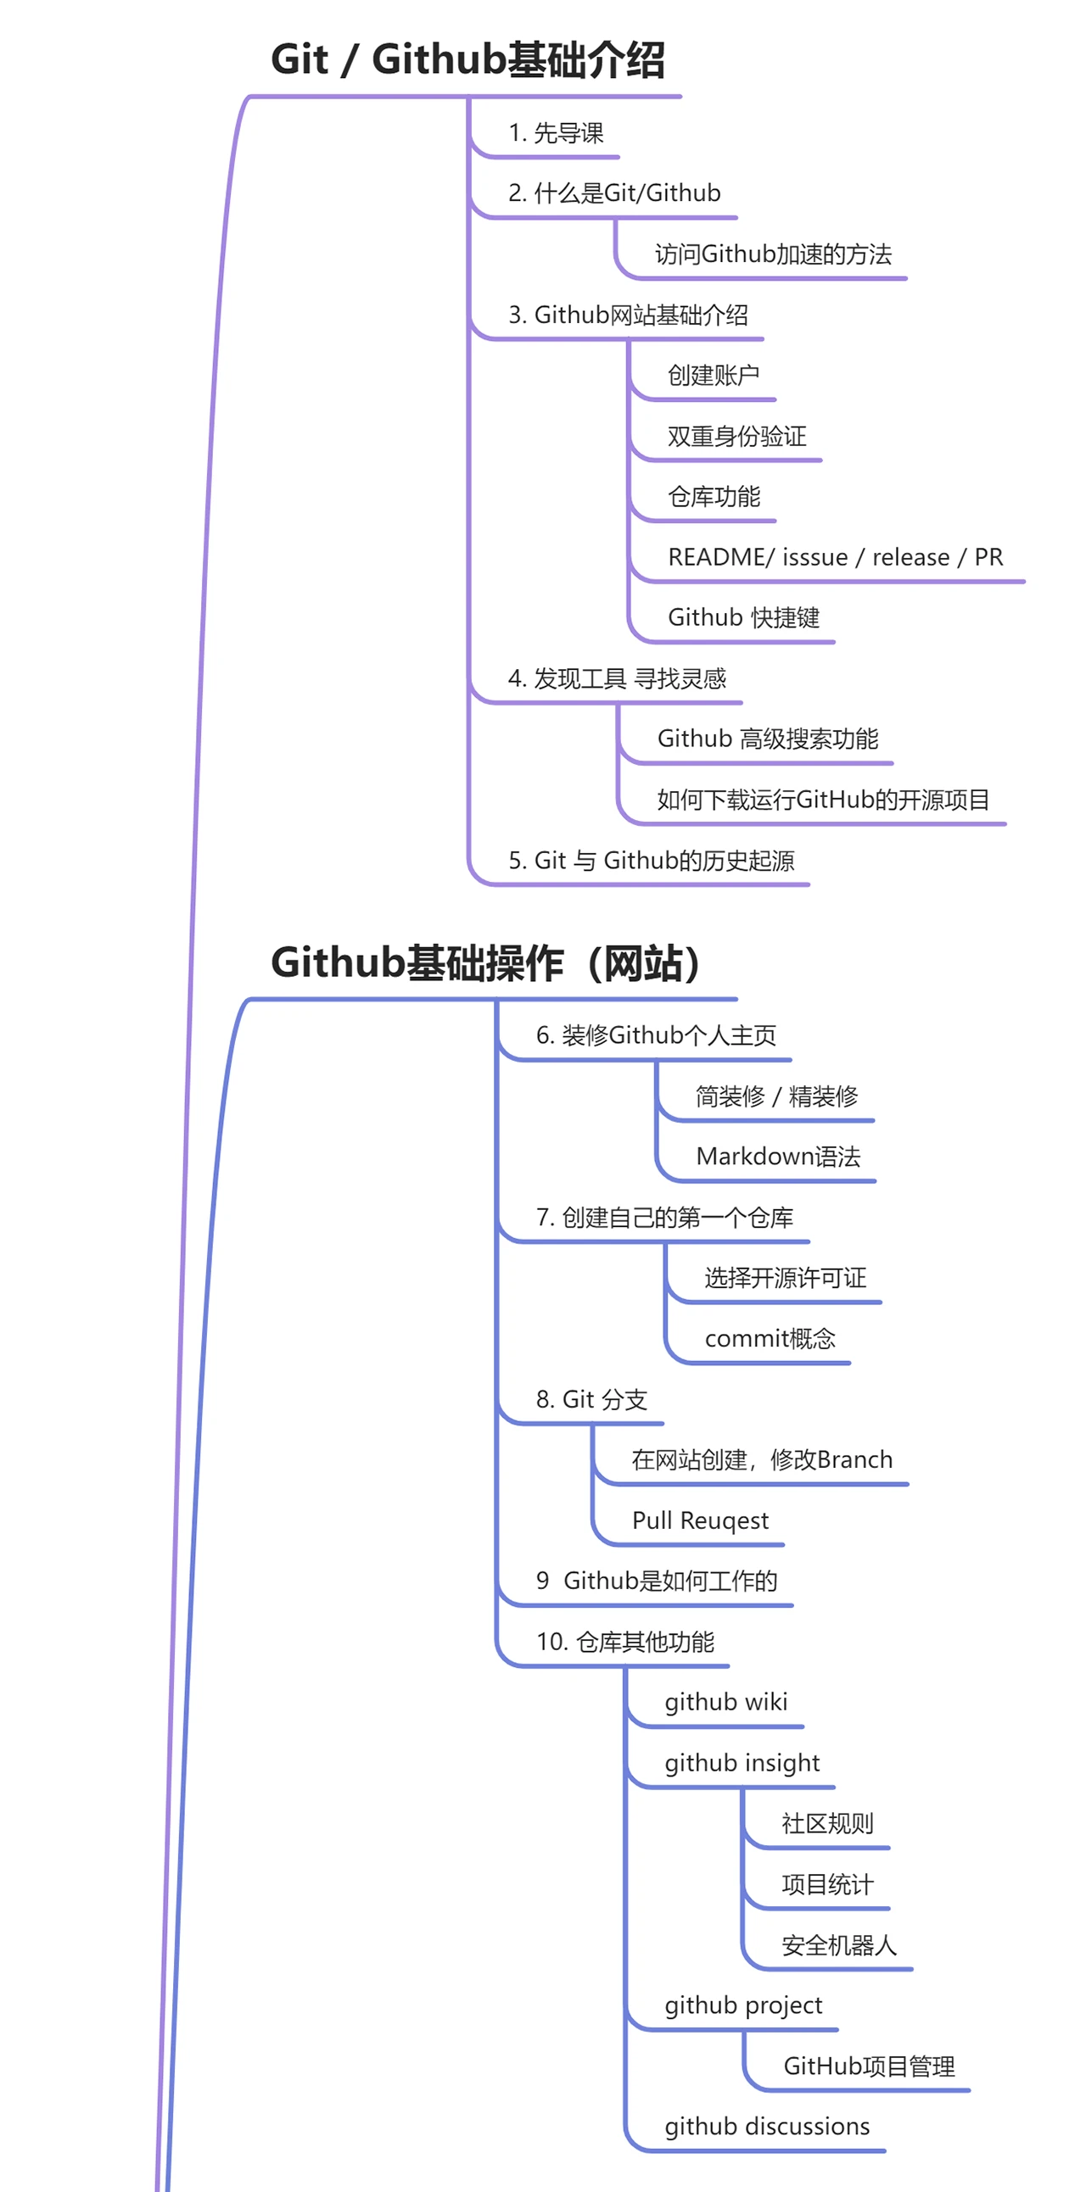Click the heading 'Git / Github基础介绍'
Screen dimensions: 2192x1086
coord(467,59)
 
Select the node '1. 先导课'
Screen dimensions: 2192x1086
coord(555,133)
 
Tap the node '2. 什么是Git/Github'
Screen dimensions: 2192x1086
coord(613,193)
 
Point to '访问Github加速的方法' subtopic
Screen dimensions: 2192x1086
coord(773,254)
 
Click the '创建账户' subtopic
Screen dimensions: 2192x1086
coord(714,376)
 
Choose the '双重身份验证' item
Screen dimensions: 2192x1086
coord(736,437)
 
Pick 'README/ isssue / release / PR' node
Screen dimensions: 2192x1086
coord(835,557)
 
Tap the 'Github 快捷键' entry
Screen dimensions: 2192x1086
coord(743,618)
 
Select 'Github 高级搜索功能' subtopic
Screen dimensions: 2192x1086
coord(767,739)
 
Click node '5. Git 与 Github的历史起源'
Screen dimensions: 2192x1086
coord(651,861)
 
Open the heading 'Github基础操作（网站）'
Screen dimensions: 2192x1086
coord(487,963)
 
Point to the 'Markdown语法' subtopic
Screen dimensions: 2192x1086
coord(778,1157)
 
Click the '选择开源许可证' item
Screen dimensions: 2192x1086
coord(785,1277)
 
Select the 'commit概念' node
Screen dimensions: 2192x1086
coord(770,1338)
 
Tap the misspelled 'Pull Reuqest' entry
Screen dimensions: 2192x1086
coord(700,1520)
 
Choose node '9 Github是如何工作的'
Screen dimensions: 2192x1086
coord(656,1581)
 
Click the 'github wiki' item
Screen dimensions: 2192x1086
coord(725,1702)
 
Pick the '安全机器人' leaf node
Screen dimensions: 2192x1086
coord(838,1945)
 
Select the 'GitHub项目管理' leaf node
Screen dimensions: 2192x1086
coord(868,2066)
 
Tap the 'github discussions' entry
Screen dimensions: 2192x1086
coord(767,2127)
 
